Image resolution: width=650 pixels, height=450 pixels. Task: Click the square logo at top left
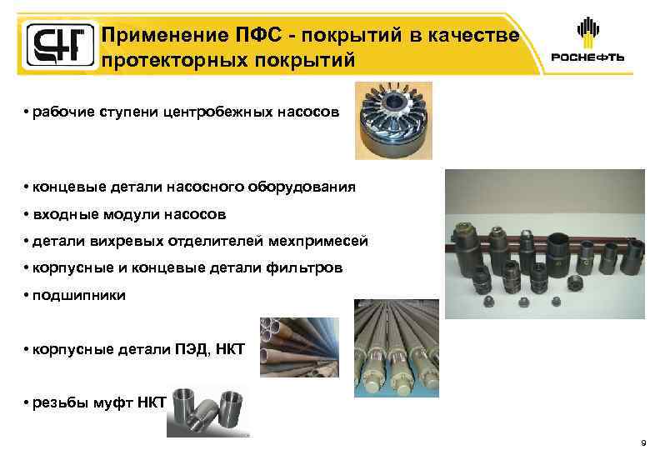[x=55, y=45]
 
